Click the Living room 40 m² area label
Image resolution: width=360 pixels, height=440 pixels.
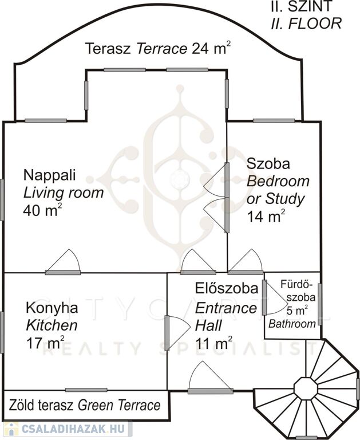click(42, 210)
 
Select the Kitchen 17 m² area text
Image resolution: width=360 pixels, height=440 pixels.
click(45, 343)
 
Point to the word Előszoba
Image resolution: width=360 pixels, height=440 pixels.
click(227, 289)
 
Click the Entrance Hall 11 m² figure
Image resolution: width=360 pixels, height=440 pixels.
click(214, 343)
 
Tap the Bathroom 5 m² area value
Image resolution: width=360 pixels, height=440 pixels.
click(297, 311)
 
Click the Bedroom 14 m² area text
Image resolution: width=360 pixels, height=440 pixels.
click(266, 217)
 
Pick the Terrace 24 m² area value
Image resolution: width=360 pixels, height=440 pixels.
click(212, 48)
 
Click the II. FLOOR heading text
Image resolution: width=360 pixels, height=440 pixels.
click(306, 23)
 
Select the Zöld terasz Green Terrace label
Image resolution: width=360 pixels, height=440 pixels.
click(85, 406)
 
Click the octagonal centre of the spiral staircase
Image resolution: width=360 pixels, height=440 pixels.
click(306, 388)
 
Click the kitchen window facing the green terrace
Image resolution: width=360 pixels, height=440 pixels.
click(86, 390)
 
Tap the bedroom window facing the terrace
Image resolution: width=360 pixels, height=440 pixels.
click(274, 121)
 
